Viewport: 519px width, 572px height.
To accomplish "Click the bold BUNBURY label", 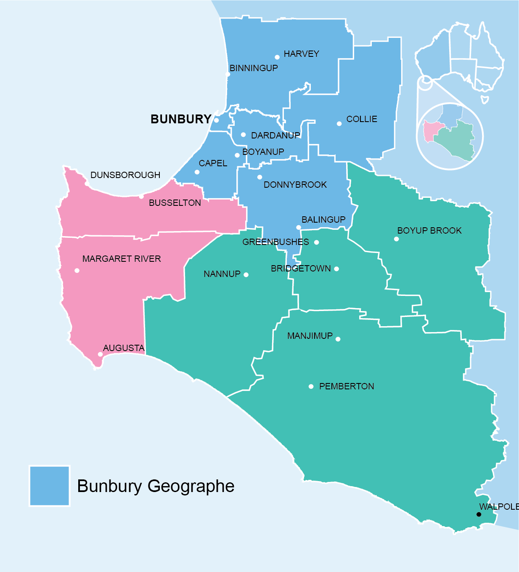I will click(181, 119).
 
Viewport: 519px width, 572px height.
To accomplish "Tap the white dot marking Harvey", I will click(277, 57).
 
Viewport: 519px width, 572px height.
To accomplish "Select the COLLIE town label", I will click(361, 119).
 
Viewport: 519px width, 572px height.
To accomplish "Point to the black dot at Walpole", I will click(479, 514).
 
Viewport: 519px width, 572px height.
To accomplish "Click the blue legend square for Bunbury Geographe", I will click(49, 486).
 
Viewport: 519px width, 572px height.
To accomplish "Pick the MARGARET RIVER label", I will click(122, 259).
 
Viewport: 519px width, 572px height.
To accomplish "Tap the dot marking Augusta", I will click(100, 354).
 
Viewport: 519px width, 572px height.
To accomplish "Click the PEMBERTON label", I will click(347, 386).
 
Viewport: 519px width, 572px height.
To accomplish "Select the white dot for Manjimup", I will click(338, 339).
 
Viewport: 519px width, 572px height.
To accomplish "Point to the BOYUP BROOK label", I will click(429, 231).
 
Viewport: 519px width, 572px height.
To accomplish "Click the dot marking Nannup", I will click(246, 275).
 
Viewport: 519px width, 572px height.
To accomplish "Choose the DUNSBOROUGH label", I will click(125, 175).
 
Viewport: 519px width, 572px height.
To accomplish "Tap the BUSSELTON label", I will click(175, 203).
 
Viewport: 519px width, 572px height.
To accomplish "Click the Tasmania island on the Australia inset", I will click(485, 100).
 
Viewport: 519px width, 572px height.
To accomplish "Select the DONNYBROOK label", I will click(295, 185).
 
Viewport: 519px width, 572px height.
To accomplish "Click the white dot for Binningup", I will click(228, 74).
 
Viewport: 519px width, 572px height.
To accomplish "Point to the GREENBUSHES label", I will click(275, 242).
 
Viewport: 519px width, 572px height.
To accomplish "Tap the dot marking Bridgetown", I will click(336, 269).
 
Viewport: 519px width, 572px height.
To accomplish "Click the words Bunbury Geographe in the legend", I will click(156, 486).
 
